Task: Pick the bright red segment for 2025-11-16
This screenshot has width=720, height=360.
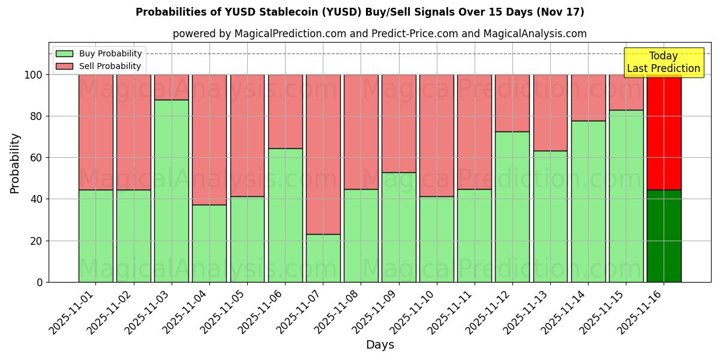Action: [664, 132]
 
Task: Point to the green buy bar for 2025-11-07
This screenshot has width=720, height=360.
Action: [323, 258]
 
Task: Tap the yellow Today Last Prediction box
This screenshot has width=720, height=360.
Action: [664, 62]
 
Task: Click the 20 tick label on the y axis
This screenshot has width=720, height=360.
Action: [37, 241]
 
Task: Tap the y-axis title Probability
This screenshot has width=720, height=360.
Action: [15, 163]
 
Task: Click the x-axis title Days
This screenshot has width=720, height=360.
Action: [380, 345]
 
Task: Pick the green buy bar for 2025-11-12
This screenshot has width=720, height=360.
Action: [512, 206]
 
